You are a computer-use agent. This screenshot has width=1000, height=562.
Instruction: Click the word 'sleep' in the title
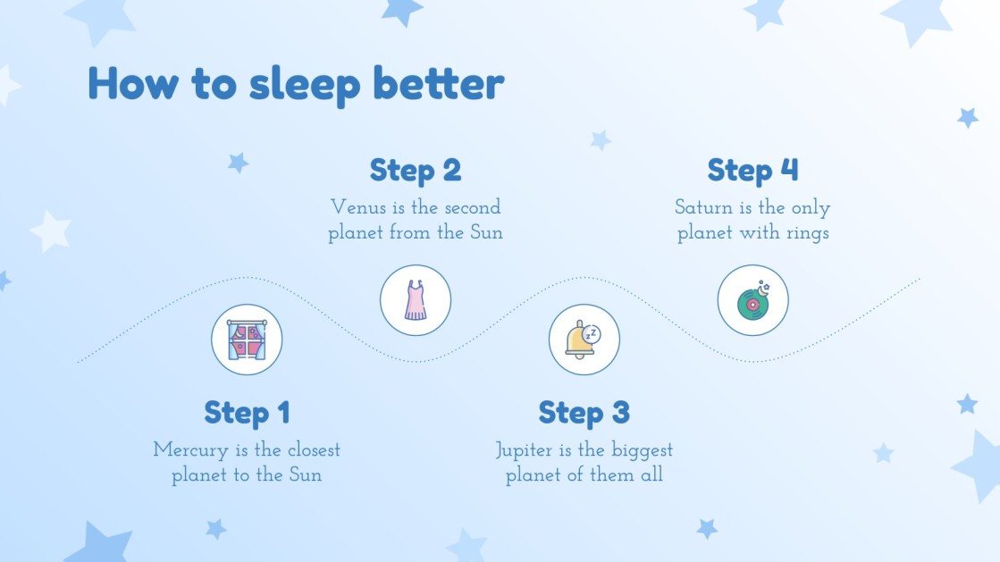[x=305, y=85]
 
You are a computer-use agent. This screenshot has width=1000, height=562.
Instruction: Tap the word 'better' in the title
[x=438, y=83]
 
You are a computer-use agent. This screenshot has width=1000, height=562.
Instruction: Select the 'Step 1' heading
[x=247, y=413]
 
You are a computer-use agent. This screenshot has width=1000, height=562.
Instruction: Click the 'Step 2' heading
[x=415, y=170]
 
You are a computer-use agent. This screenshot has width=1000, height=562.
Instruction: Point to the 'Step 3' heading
[x=584, y=413]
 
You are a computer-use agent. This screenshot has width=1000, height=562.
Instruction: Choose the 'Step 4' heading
[x=752, y=170]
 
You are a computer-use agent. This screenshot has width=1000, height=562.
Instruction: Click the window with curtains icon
[x=247, y=340]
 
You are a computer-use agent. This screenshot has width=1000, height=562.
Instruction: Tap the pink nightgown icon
[x=416, y=300]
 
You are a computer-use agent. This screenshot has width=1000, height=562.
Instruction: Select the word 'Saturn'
[x=703, y=208]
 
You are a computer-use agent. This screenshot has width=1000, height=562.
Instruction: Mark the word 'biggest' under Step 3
[x=642, y=450]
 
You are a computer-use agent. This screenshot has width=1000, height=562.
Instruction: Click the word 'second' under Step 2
[x=471, y=207]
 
